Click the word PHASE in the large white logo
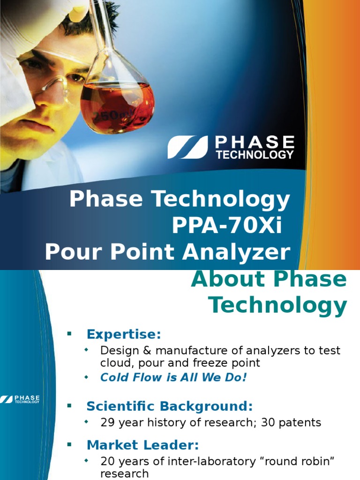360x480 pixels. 255,142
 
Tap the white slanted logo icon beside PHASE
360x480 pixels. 187,147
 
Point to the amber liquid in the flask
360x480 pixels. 117,105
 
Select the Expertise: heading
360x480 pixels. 124,335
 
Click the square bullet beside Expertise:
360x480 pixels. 69,334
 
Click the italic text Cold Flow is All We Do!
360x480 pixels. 173,377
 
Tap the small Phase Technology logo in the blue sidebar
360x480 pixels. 20,399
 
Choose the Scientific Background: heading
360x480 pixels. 169,405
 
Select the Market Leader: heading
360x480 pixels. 143,445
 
